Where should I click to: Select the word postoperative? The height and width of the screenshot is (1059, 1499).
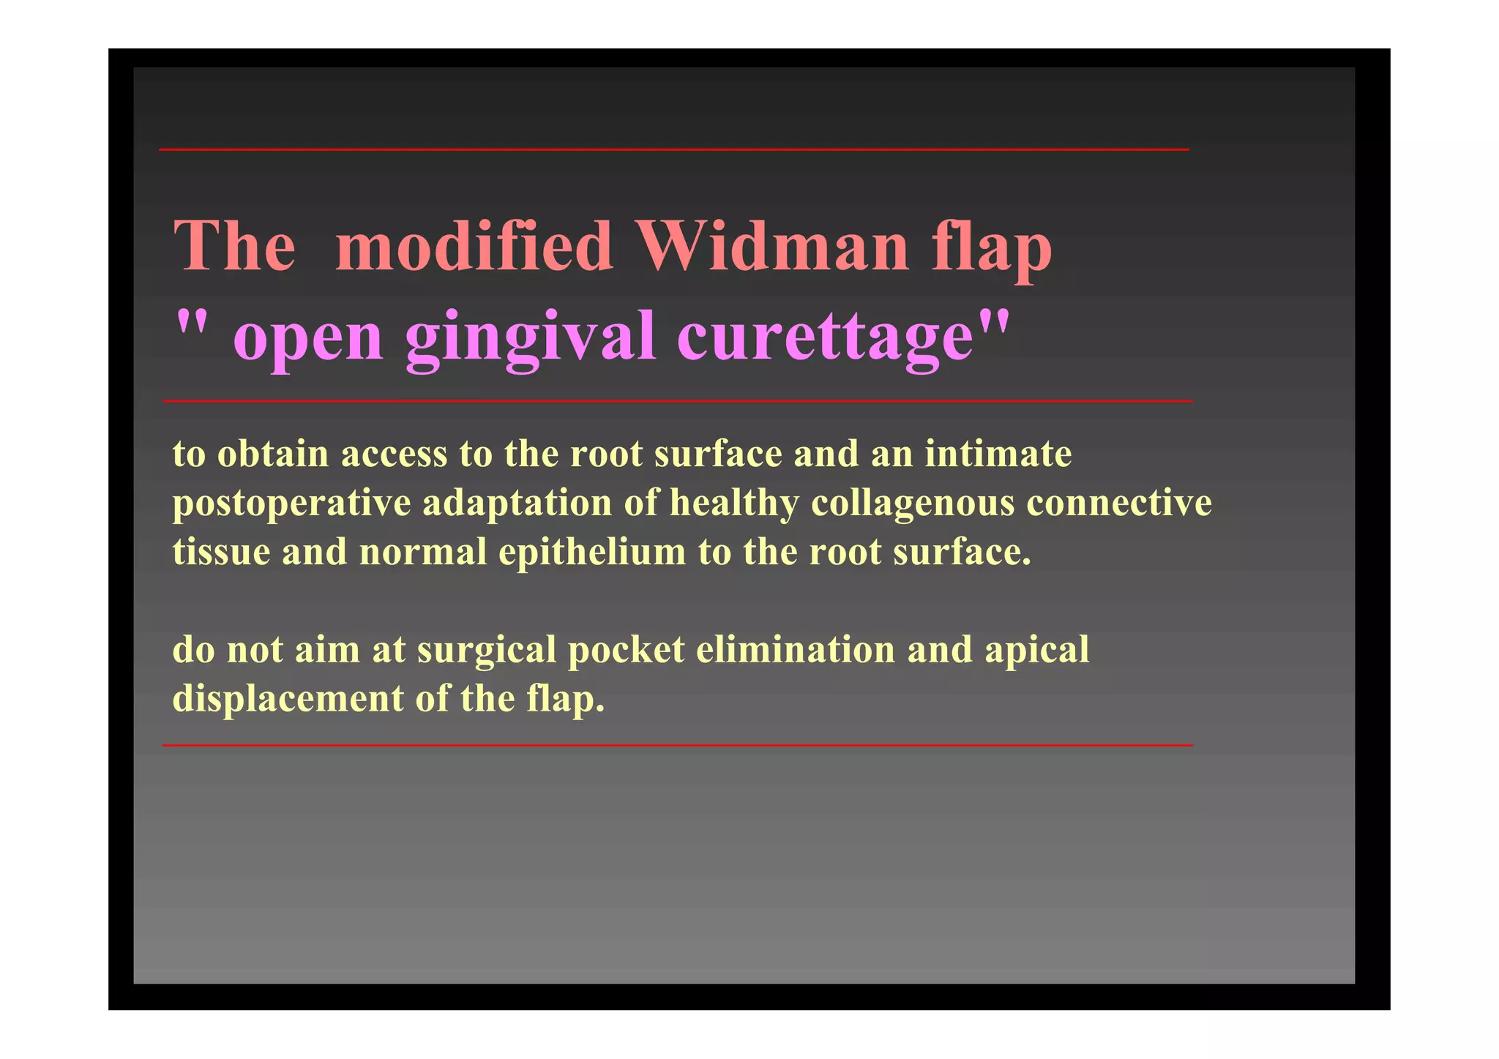coord(291,504)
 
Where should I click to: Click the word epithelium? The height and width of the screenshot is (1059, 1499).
coord(592,552)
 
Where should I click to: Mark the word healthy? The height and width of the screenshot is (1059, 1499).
coord(733,504)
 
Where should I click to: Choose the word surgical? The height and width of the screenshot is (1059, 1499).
coord(487,651)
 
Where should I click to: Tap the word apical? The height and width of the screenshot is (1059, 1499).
coord(1036,651)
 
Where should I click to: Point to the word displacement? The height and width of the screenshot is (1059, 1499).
coord(288,699)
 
